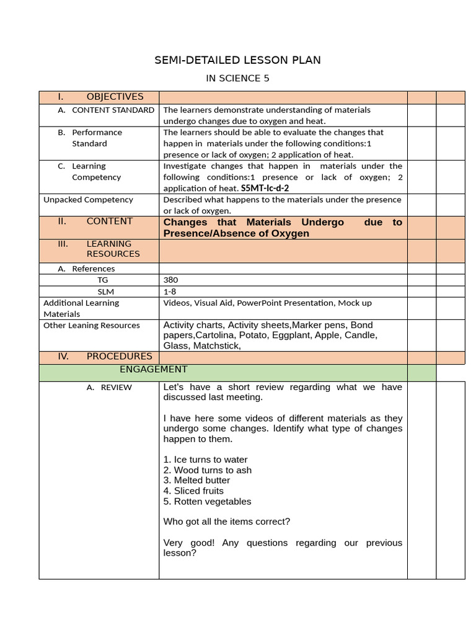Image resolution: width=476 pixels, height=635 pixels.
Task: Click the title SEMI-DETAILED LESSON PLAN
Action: pyautogui.click(x=237, y=60)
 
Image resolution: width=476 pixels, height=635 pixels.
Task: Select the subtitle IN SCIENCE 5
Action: pyautogui.click(x=237, y=79)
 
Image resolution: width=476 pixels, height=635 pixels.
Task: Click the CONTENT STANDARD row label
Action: pyautogui.click(x=113, y=110)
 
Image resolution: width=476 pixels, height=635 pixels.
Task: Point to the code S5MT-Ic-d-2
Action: pyautogui.click(x=265, y=188)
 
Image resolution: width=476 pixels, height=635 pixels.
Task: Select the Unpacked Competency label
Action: pyautogui.click(x=88, y=200)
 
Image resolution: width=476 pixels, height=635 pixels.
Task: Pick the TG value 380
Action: pyautogui.click(x=170, y=280)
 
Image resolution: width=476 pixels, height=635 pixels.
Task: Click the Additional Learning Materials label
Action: pyautogui.click(x=81, y=308)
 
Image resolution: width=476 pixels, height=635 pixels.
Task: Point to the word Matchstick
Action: pyautogui.click(x=216, y=345)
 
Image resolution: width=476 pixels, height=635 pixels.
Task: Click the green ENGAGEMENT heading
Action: pyautogui.click(x=153, y=370)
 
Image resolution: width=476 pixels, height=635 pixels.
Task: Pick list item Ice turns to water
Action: pyautogui.click(x=205, y=460)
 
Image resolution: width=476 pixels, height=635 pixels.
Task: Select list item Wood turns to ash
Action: pyautogui.click(x=207, y=470)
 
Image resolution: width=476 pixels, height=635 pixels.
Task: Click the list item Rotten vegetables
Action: pyautogui.click(x=207, y=501)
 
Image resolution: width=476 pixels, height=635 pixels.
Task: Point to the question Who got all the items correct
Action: pyautogui.click(x=226, y=522)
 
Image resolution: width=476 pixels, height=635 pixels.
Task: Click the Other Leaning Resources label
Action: pyautogui.click(x=91, y=326)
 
